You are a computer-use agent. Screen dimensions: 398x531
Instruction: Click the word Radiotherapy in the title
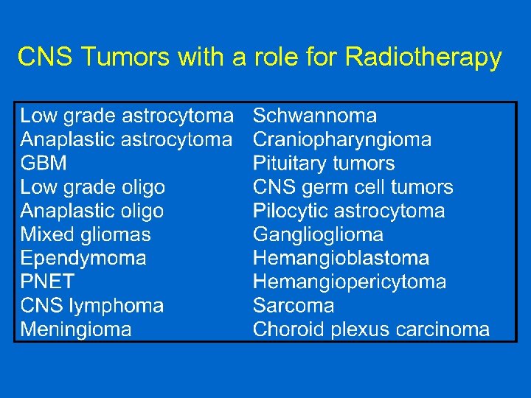pos(423,57)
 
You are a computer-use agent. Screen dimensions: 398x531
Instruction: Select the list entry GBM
pos(44,164)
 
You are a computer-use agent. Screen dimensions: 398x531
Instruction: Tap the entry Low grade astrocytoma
pos(126,116)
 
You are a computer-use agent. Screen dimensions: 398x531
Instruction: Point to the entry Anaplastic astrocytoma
pos(126,139)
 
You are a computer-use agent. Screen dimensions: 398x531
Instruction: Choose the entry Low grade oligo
pos(92,187)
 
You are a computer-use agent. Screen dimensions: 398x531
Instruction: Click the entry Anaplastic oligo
pos(92,211)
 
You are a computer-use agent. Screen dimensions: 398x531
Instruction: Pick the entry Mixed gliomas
pos(86,234)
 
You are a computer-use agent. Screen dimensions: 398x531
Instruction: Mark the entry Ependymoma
pos(83,258)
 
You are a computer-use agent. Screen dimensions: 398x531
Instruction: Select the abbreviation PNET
pos(47,282)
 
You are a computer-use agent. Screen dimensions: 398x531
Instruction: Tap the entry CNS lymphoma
pos(92,305)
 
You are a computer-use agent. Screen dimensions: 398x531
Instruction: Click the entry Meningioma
pos(76,329)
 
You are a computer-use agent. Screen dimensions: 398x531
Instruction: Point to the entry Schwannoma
pos(315,116)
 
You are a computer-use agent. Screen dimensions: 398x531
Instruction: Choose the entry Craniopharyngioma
pos(342,139)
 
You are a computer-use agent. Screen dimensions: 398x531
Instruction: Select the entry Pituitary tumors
pos(324,164)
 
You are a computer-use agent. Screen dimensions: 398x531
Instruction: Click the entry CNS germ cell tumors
pos(353,187)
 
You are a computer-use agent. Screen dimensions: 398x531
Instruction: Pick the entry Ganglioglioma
pos(318,234)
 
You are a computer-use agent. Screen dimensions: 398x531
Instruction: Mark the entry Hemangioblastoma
pos(341,258)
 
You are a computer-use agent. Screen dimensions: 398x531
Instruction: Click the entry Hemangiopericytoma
pos(350,282)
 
